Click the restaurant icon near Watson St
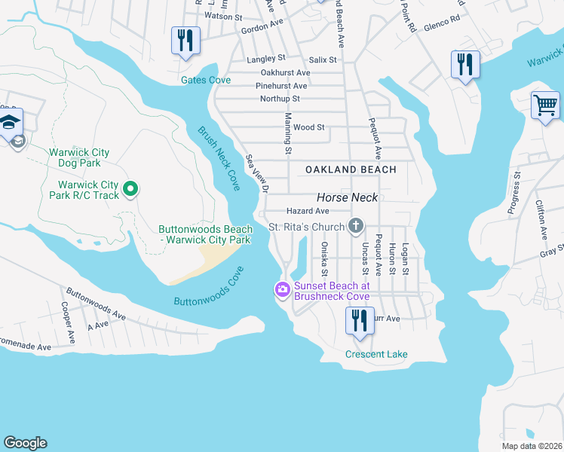(x=185, y=41)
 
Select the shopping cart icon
(x=545, y=105)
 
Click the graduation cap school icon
(x=11, y=123)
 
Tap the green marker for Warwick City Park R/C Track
(x=130, y=188)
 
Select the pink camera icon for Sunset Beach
(x=283, y=289)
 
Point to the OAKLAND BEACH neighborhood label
(x=351, y=169)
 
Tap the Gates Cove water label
(x=205, y=80)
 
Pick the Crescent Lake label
(x=376, y=354)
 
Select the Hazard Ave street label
(x=308, y=212)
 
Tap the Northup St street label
(x=280, y=99)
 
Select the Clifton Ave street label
(x=541, y=219)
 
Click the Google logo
(x=25, y=443)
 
